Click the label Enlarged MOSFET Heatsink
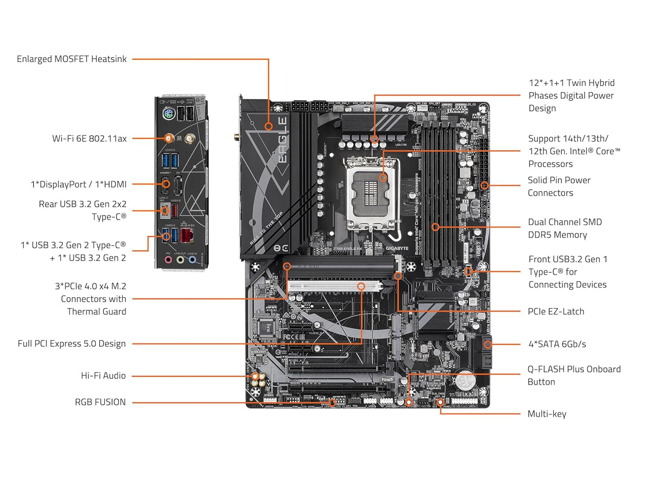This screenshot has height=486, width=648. [x=72, y=59]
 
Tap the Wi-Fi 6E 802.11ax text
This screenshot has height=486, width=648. [x=89, y=139]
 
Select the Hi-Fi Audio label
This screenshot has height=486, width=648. [x=103, y=376]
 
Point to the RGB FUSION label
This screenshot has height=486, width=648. [x=100, y=402]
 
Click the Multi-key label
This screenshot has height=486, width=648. [x=547, y=414]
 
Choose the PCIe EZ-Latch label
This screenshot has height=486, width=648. [x=556, y=312]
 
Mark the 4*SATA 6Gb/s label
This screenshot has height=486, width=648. [x=557, y=344]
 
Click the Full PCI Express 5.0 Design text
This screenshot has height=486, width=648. [x=72, y=344]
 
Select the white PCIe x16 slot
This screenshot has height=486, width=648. [x=334, y=286]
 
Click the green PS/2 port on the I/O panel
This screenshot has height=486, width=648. [x=168, y=114]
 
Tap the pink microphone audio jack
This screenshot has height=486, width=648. [x=168, y=259]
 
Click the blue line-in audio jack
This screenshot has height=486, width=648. [x=192, y=259]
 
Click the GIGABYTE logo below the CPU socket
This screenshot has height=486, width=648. [x=397, y=248]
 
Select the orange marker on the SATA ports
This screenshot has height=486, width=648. [x=488, y=344]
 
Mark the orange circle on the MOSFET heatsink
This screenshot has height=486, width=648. [x=269, y=126]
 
